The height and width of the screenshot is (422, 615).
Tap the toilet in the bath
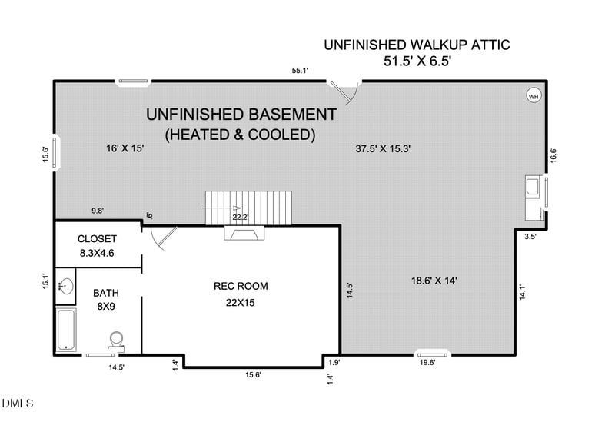point(117,339)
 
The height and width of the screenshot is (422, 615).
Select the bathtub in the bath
point(66,331)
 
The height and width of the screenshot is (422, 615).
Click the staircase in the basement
point(248,208)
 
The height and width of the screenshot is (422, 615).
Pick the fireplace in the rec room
point(244,232)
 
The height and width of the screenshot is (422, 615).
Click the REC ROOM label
point(241,286)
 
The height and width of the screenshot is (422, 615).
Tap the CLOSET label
point(96,238)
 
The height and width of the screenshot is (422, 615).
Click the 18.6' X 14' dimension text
point(434,281)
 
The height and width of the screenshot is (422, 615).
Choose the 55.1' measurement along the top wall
point(300,71)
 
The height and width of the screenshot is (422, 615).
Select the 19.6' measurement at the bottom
point(426,363)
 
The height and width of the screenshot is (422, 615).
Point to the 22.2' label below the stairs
point(241,218)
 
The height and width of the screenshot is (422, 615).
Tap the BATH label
point(106,293)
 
